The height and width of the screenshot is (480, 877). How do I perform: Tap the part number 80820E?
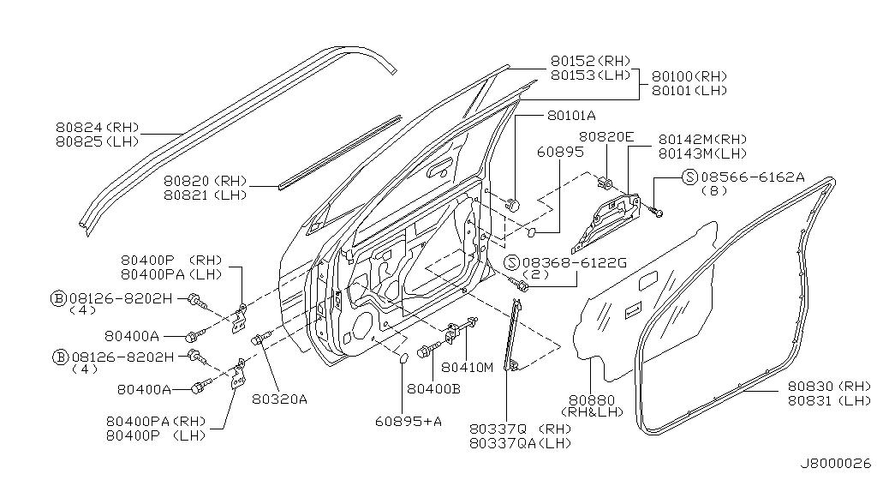pos(606,136)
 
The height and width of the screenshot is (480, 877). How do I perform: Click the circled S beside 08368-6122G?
pos(511,261)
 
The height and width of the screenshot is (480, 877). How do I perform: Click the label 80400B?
pos(433,388)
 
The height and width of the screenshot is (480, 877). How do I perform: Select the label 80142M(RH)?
pos(702,139)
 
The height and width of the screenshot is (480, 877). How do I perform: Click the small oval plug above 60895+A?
pos(403,357)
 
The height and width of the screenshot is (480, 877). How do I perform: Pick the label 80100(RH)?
pos(689,75)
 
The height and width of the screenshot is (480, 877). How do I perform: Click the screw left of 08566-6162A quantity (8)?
pos(657,208)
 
